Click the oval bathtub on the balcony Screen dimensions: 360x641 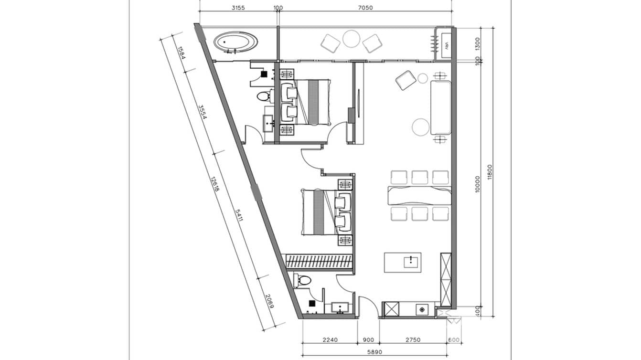(x=235, y=42)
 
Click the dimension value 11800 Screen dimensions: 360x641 (x=491, y=172)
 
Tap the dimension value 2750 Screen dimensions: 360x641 (x=412, y=340)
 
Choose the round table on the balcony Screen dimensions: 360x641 (x=352, y=39)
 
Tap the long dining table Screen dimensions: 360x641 (x=420, y=196)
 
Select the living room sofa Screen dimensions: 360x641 (x=441, y=107)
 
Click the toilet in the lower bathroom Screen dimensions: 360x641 (x=302, y=280)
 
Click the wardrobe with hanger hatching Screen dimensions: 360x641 (x=319, y=262)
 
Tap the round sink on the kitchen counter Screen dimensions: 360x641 (x=422, y=309)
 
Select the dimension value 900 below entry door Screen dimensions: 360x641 (x=368, y=340)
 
